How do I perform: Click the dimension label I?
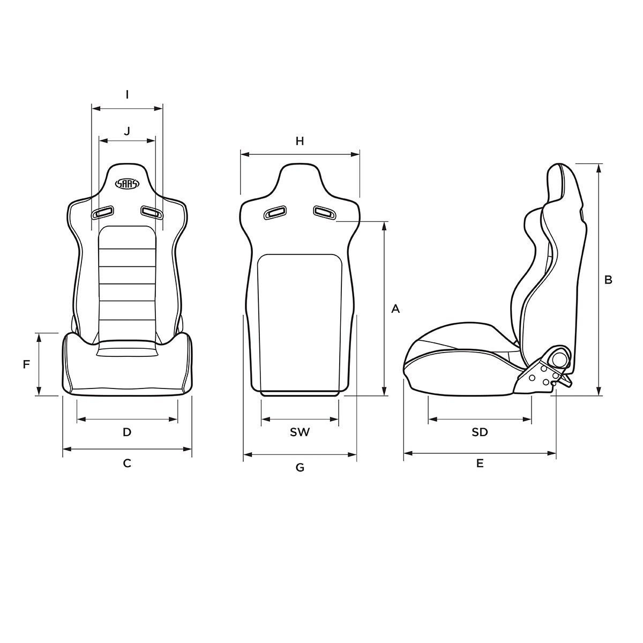pos(127,95)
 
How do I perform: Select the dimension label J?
pos(127,130)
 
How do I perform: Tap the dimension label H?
pos(300,141)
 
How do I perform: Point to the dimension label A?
pos(396,309)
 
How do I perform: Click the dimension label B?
pos(608,280)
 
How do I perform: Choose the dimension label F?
pos(26,365)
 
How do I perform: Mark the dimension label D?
pos(127,432)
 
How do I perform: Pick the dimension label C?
pos(127,463)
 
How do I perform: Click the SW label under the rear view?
pos(300,432)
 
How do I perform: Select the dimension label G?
pos(300,468)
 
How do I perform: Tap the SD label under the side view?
pos(480,432)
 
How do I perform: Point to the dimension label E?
pos(480,463)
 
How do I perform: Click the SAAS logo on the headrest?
pos(128,184)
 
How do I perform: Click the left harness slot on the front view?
pos(103,213)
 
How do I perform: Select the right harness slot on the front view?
pos(152,213)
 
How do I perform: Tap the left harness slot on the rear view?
pos(275,213)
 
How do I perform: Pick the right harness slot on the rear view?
pos(325,213)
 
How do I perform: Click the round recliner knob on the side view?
pos(559,358)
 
